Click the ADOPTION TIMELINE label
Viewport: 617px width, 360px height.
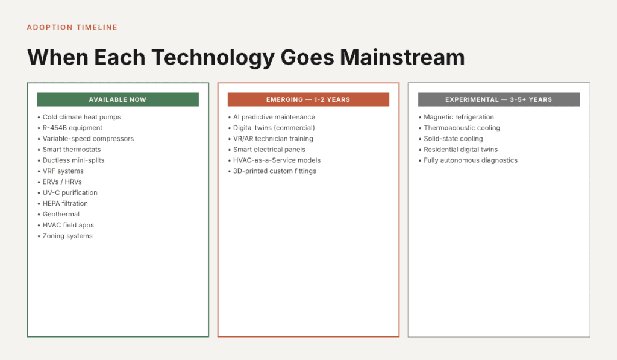[72, 27]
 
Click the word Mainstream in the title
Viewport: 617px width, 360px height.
[402, 57]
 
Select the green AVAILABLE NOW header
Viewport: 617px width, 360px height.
[117, 99]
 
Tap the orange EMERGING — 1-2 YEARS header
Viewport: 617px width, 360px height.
[308, 99]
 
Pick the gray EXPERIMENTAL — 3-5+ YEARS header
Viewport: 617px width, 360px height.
[498, 99]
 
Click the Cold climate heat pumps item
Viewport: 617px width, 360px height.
[81, 117]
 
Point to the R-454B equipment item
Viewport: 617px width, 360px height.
[72, 128]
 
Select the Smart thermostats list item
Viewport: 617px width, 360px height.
[72, 150]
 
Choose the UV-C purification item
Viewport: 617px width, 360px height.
[70, 193]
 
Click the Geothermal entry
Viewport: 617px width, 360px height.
[61, 214]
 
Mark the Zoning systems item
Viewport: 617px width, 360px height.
[67, 236]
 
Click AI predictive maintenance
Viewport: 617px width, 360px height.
[274, 117]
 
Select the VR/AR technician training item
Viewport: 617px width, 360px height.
[273, 139]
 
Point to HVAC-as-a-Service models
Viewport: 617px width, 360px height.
[277, 160]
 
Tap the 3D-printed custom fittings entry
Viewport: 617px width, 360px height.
[274, 171]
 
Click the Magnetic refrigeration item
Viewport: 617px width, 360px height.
[459, 117]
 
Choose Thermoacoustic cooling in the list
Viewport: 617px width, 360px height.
[462, 128]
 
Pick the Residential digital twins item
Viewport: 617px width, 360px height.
[460, 150]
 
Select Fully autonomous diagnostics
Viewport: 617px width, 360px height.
[471, 160]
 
